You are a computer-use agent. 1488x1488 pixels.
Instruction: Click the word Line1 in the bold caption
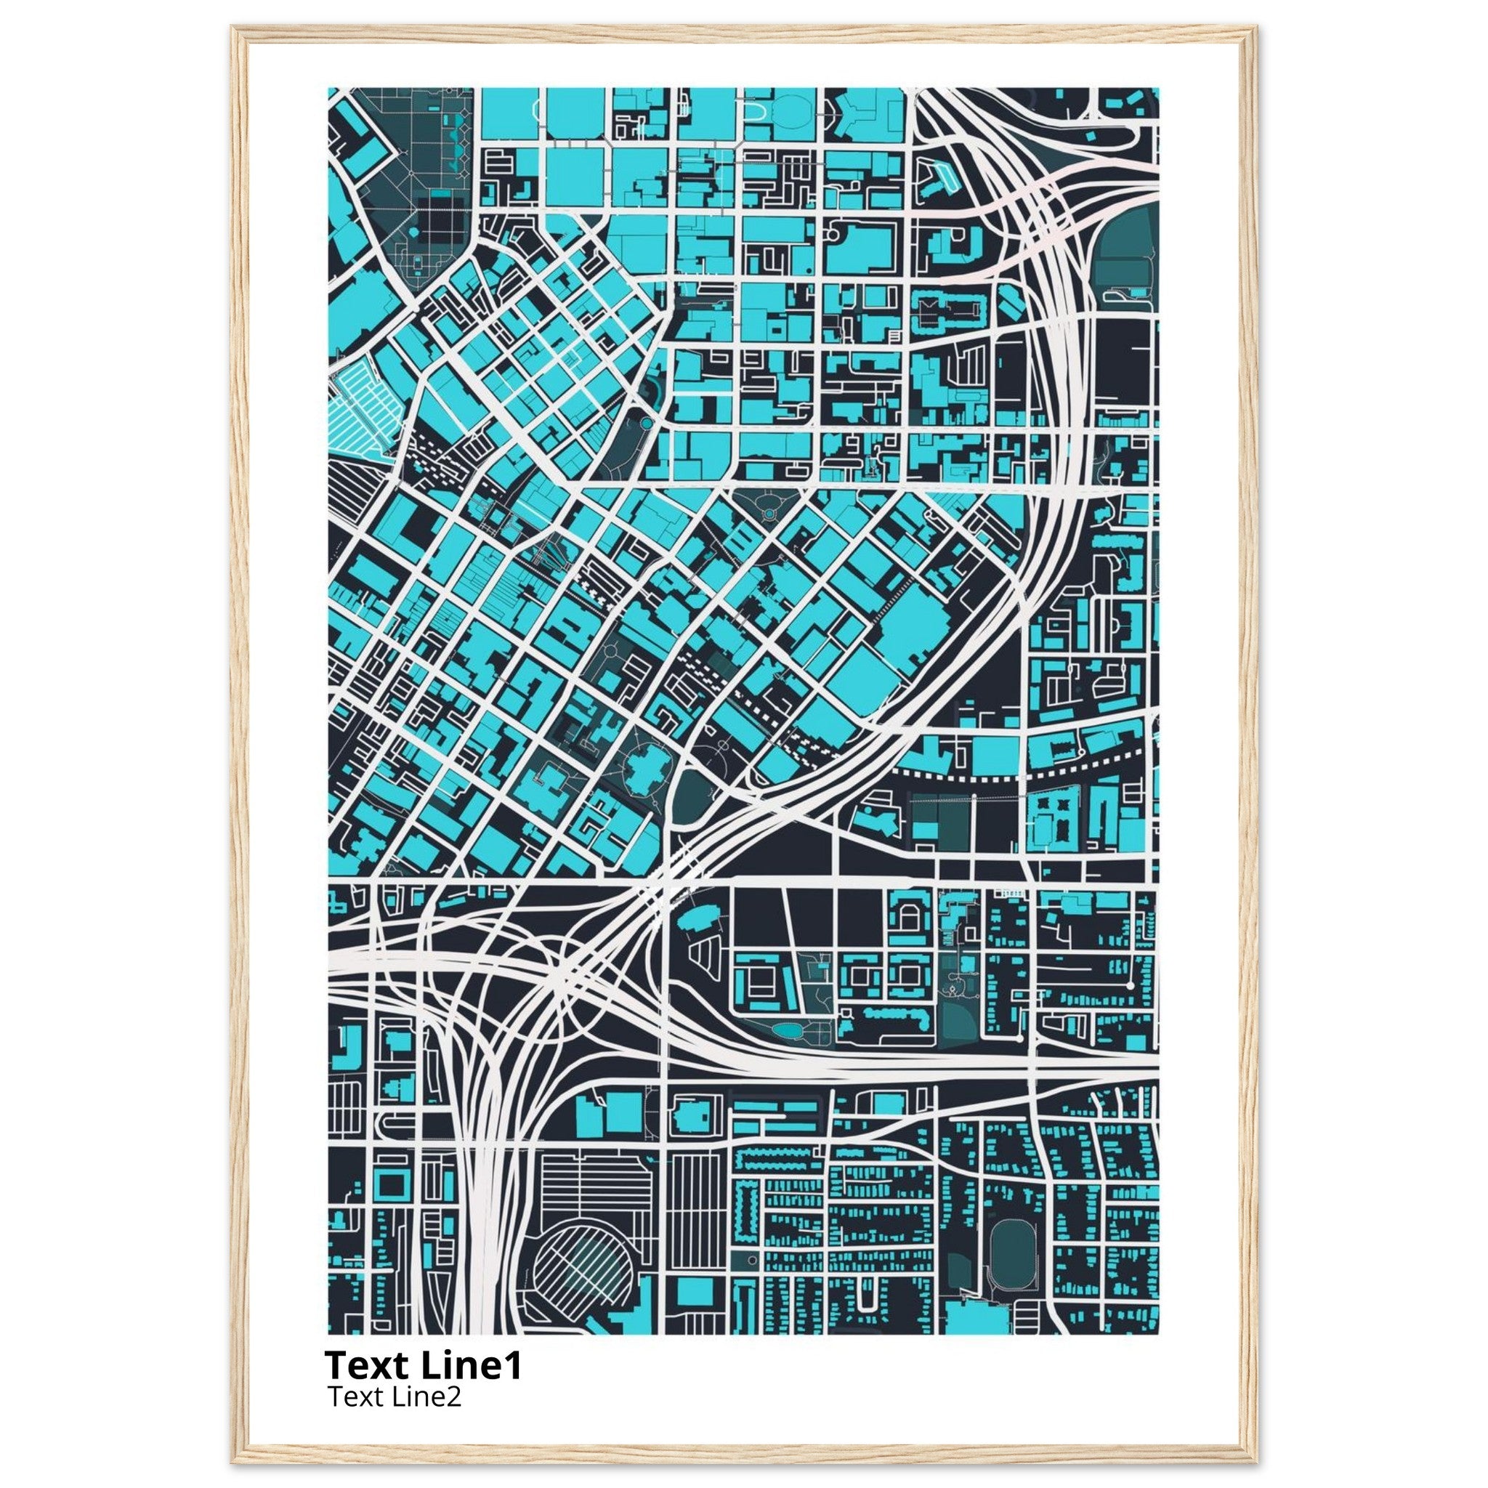[x=472, y=1365]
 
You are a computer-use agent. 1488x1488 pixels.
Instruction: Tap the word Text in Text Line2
[x=351, y=1396]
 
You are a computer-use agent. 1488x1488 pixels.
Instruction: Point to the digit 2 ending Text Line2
[x=455, y=1396]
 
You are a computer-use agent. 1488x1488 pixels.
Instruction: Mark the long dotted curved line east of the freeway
[x=1024, y=774]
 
